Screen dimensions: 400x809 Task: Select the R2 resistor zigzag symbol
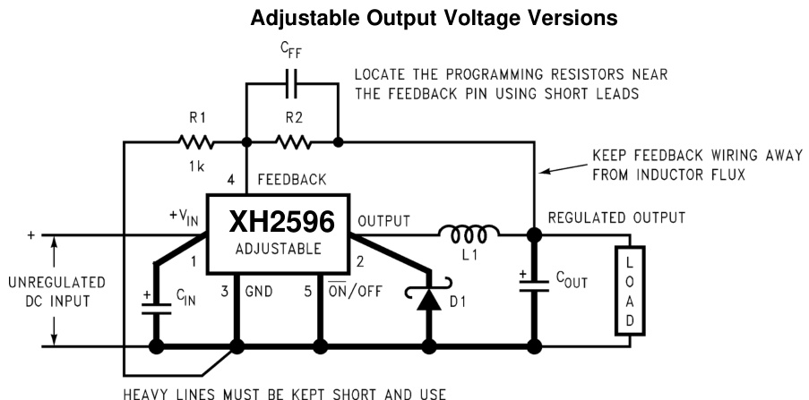tap(292, 141)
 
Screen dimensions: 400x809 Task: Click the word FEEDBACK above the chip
tap(292, 180)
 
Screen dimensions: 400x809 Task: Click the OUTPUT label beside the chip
tap(383, 220)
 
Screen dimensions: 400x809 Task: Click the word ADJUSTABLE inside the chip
tap(280, 249)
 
